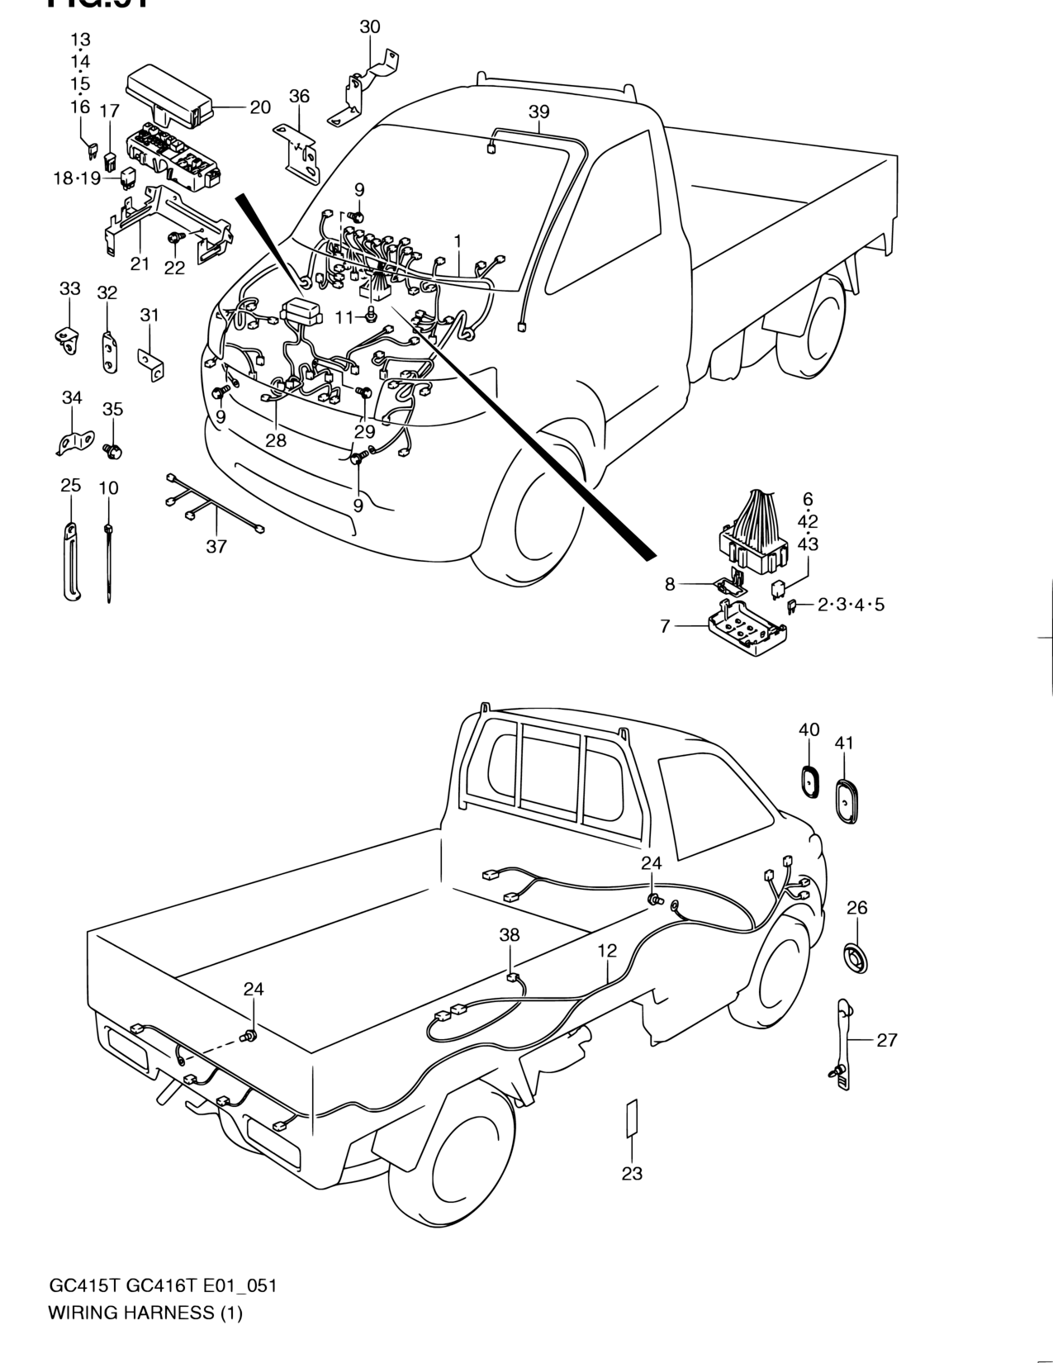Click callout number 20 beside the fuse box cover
pos(259,107)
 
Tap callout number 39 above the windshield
pos(538,112)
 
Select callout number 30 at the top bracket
pos(370,26)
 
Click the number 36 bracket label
pos(299,96)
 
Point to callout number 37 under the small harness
pos(216,546)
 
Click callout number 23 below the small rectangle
pos(632,1173)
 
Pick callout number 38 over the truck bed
pos(510,935)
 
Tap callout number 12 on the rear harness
pos(607,951)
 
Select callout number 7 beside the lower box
pos(665,626)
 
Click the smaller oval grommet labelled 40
pos(809,781)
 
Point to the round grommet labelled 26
pos(856,959)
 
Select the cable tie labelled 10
pos(108,562)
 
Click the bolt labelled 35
pos(113,449)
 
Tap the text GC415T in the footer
pos(76,1286)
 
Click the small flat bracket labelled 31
pos(151,362)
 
